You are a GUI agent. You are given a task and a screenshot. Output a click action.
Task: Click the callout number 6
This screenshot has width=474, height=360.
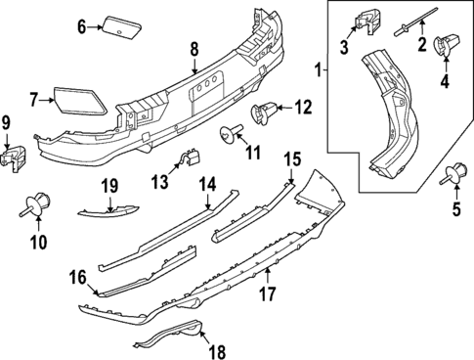(82, 26)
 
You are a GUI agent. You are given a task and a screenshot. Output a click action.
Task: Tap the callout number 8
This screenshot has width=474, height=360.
(194, 48)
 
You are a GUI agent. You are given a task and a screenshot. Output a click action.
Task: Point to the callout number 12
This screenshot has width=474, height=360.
(304, 105)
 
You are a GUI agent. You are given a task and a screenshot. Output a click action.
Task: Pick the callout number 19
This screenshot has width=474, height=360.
(108, 186)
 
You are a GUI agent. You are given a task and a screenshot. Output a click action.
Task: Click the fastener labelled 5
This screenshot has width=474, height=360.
(452, 175)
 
